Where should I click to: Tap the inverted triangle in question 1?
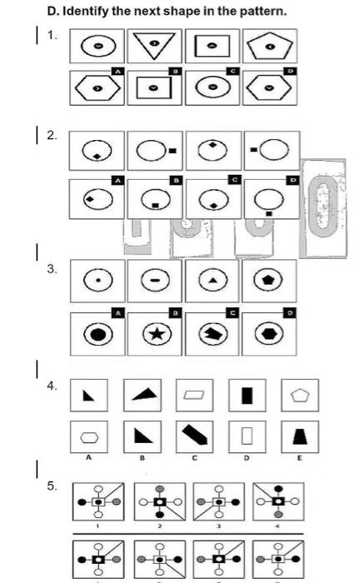[x=157, y=46]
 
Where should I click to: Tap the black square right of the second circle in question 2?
[x=173, y=151]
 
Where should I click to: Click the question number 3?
[x=52, y=268]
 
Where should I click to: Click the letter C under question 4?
[x=193, y=457]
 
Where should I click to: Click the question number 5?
[x=52, y=486]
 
